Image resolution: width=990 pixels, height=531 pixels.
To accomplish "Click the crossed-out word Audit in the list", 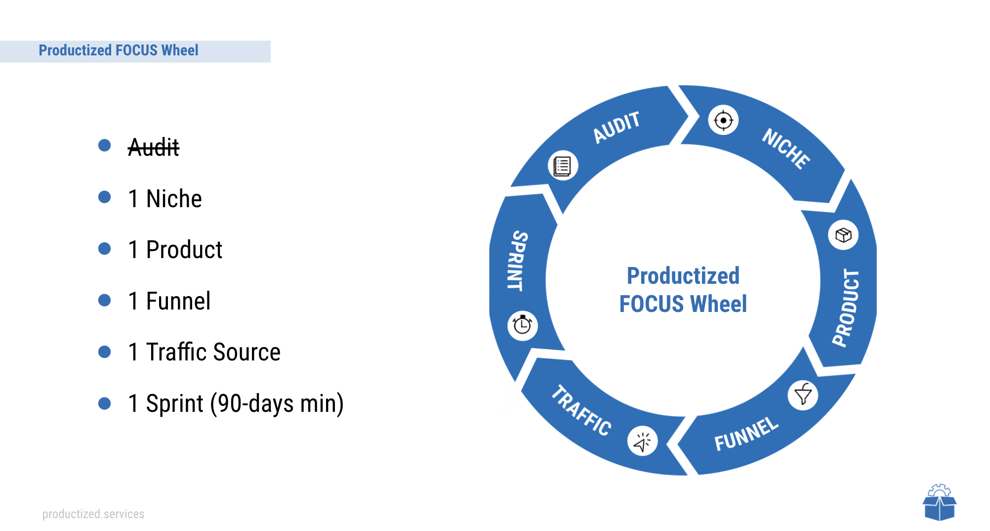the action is (x=153, y=147).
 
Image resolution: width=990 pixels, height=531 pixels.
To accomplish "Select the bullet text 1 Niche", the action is (x=165, y=199).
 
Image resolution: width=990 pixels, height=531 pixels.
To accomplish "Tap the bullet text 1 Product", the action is (x=175, y=250).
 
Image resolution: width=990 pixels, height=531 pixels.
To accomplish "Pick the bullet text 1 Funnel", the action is (x=169, y=301).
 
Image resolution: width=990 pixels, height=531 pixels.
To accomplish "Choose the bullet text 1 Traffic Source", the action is (x=205, y=352).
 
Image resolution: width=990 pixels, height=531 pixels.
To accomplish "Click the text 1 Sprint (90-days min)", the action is (x=236, y=404).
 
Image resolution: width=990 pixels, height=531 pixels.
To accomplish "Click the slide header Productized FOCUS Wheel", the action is (x=119, y=50).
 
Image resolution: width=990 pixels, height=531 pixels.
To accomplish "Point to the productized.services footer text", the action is (x=93, y=514).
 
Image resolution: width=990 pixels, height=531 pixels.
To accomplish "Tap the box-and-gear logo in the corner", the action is (x=940, y=502).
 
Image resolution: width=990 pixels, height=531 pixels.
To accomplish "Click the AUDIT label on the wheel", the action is (x=617, y=127).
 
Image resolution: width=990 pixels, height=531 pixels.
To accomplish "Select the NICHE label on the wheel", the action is (x=786, y=149).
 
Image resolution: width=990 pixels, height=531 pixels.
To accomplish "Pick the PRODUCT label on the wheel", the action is (x=846, y=308).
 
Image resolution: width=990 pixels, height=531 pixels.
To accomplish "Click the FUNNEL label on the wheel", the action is (x=746, y=434).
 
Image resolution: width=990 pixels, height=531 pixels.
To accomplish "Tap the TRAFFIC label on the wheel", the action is (x=581, y=410).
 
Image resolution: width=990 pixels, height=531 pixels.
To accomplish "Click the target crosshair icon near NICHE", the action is (x=723, y=120).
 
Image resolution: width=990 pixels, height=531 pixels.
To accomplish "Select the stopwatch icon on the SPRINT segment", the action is (x=522, y=325).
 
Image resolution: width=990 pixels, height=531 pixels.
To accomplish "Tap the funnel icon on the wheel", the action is (x=803, y=395).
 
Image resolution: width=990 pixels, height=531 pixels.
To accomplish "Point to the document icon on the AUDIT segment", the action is (x=563, y=166).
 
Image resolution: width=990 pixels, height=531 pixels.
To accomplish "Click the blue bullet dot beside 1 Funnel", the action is (x=105, y=300).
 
